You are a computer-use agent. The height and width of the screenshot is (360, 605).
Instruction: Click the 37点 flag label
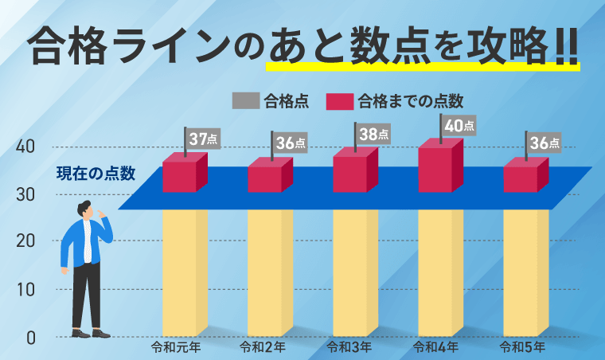point(204,139)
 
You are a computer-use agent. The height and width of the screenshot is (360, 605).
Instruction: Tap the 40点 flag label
point(459,125)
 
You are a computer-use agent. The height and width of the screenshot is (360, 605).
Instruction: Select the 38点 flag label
point(374,134)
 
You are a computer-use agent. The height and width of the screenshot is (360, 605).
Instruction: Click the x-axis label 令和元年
point(179,347)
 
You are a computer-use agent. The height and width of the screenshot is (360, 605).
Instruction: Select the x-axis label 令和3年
point(349,347)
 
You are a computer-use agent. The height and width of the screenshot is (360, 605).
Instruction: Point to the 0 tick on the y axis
point(30,338)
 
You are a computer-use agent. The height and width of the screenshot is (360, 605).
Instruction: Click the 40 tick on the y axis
point(25,147)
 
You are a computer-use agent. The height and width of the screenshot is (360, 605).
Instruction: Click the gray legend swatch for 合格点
point(245,100)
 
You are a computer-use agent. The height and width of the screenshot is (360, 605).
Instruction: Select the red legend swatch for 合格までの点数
point(339,100)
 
